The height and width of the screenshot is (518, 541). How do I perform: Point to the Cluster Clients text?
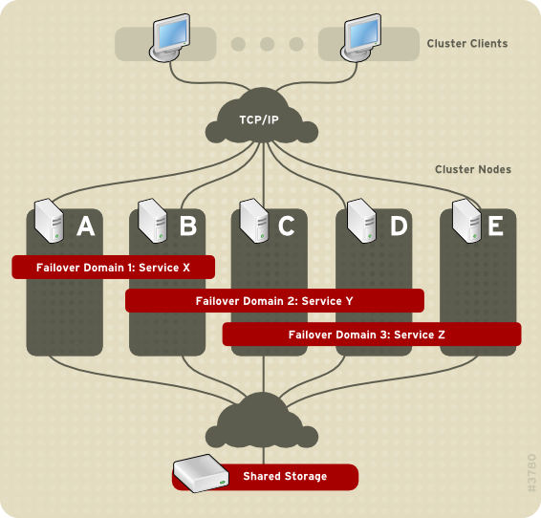[466, 43]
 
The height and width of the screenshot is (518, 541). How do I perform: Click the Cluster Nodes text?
[472, 169]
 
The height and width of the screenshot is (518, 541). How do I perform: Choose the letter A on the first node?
[85, 227]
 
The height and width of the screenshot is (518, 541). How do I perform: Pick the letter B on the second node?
[187, 227]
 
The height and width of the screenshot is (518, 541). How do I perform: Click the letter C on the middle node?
[287, 227]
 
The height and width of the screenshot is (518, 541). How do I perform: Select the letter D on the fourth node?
[398, 227]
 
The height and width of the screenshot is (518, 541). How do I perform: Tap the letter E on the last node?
[495, 227]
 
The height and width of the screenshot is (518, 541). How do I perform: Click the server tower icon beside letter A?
[48, 221]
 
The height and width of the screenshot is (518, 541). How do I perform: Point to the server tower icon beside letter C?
[252, 221]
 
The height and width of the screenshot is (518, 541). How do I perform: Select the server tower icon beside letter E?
[465, 221]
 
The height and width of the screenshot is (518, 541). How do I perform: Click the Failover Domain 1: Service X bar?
[113, 267]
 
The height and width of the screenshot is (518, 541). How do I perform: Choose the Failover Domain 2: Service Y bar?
[274, 301]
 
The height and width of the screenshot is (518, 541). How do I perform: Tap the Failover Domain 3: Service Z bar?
[372, 335]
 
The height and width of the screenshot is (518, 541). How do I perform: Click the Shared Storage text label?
[284, 476]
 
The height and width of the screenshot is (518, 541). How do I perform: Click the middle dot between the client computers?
[267, 44]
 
